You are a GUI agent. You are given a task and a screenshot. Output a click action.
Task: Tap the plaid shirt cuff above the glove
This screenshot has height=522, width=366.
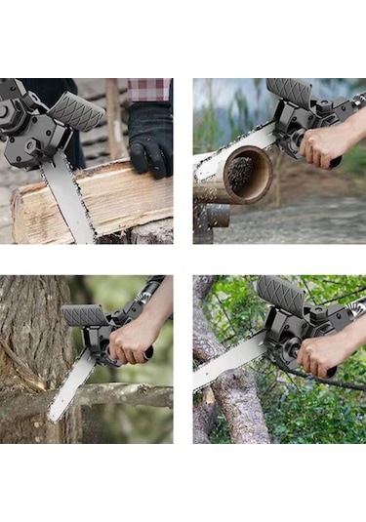point(149,90)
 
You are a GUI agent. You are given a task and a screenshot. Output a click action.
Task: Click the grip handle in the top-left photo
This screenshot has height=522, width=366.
point(76,111)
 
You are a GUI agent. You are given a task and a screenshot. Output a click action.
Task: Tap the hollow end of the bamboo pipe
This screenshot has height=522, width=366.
point(245,173)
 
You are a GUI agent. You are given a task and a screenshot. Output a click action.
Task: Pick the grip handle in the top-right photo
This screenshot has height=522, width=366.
point(290,94)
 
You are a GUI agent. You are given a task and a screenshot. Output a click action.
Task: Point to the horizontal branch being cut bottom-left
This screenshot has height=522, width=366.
point(127,395)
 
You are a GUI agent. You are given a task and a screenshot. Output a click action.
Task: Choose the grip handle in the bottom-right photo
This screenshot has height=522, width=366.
point(281,293)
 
